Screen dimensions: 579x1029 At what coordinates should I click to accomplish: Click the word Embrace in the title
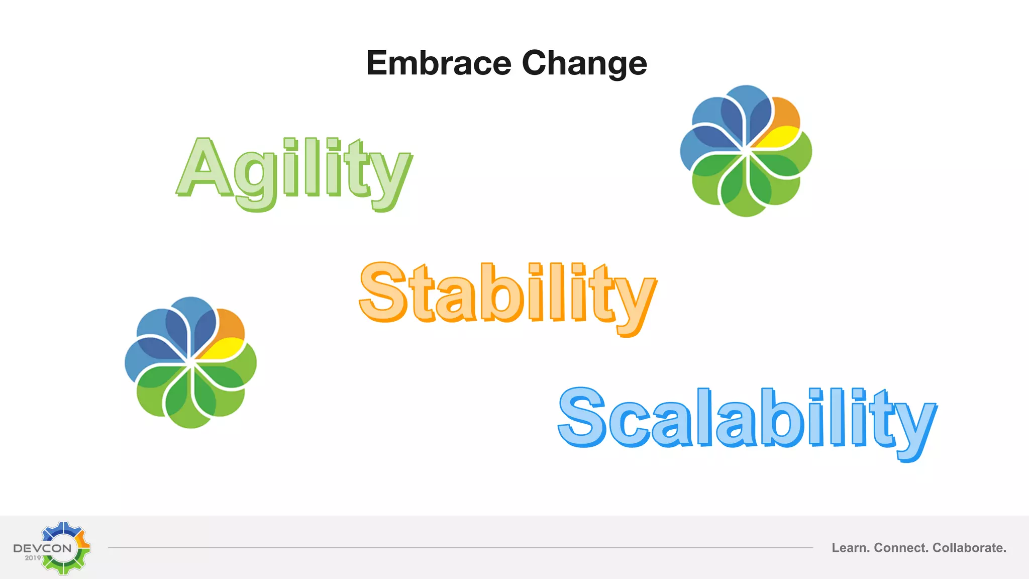(439, 63)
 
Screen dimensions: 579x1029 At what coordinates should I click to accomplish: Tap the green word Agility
(294, 171)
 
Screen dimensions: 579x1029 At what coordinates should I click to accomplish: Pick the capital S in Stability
(383, 293)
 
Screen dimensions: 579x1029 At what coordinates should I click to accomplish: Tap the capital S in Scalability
(582, 417)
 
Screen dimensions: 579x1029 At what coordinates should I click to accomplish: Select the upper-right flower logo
(746, 151)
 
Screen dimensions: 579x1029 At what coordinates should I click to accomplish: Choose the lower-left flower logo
(191, 362)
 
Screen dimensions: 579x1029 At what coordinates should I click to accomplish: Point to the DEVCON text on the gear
(43, 548)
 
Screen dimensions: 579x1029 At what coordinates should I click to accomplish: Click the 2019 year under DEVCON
(33, 558)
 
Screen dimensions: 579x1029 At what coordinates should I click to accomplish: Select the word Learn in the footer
(850, 548)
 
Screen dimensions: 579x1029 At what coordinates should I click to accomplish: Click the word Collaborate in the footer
(969, 548)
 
